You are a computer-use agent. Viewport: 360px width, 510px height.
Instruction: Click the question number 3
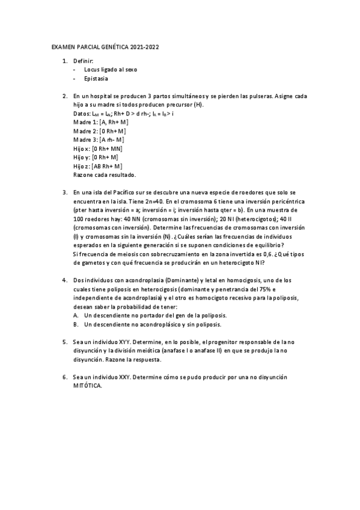[x=64, y=193]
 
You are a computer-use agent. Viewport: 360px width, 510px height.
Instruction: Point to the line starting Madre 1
[x=100, y=122]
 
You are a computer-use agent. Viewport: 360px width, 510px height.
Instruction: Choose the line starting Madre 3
[x=100, y=140]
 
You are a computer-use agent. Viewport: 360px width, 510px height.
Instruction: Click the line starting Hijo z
[x=98, y=167]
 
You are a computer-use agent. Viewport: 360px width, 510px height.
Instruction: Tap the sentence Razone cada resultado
[x=105, y=175]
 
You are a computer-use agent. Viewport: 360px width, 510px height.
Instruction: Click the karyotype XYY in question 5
[x=123, y=342]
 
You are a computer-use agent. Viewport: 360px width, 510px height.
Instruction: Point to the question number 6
[x=64, y=377]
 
